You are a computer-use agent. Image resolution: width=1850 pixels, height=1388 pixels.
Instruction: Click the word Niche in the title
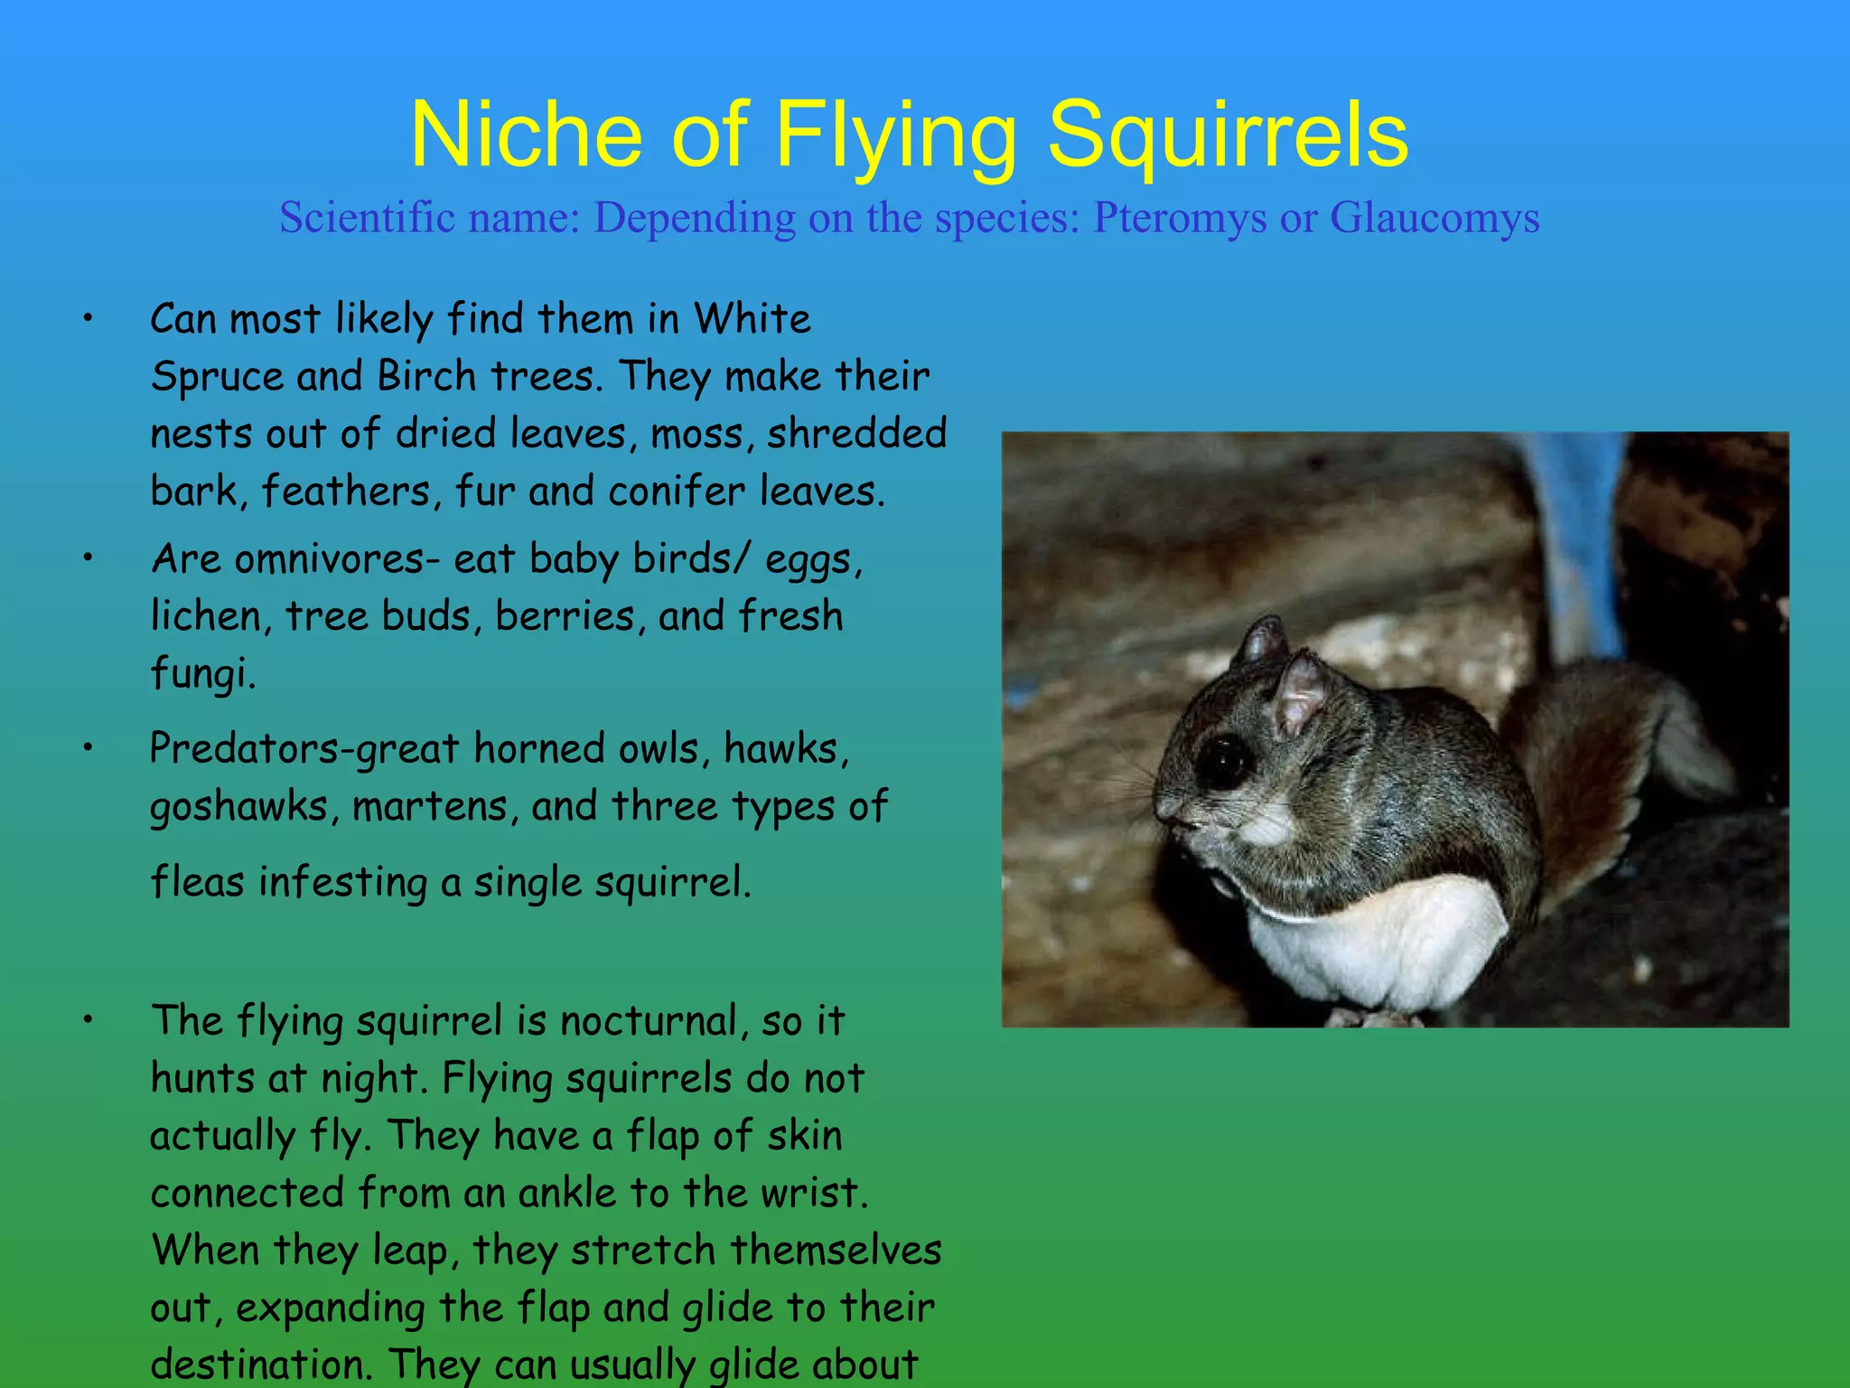[526, 136]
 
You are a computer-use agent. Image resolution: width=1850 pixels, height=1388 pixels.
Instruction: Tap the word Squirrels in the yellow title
[1227, 136]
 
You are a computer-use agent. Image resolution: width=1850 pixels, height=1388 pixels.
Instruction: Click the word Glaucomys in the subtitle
[1434, 218]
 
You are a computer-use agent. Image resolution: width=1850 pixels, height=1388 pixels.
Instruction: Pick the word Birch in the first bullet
[426, 376]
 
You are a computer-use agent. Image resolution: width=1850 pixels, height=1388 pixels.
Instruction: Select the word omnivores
[329, 559]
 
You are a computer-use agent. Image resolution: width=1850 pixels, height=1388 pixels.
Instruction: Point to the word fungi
[203, 674]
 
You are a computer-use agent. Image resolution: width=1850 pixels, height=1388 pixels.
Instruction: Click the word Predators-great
[304, 750]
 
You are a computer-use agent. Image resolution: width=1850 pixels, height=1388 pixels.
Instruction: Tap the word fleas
[197, 882]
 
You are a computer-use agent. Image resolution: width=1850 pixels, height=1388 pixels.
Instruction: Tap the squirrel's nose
[1165, 807]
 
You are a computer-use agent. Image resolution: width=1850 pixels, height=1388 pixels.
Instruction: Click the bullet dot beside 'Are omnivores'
[88, 558]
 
